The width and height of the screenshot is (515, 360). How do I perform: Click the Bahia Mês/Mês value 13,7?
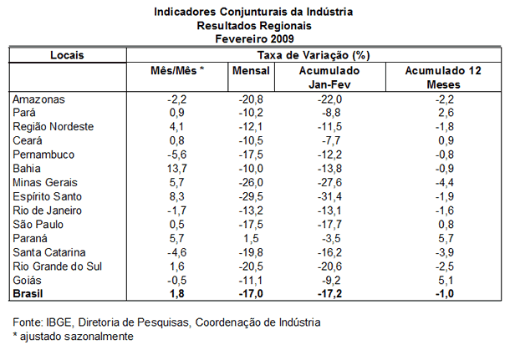(177, 169)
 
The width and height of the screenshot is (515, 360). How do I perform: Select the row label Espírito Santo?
(48, 196)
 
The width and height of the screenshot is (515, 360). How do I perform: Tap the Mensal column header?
(251, 71)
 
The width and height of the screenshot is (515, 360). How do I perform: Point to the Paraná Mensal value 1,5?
(252, 239)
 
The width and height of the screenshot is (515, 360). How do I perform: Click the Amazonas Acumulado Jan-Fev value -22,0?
(329, 99)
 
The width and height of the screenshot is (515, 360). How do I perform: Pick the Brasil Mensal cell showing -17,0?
(251, 293)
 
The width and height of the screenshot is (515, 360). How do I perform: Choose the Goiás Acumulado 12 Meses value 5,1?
(446, 281)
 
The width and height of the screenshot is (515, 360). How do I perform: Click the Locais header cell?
(68, 55)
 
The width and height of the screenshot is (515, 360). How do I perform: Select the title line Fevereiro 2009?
(254, 38)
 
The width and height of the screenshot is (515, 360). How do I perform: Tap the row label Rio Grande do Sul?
(58, 266)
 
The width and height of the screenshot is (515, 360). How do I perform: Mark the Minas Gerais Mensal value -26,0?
(251, 182)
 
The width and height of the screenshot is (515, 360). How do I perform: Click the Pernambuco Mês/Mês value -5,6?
(177, 155)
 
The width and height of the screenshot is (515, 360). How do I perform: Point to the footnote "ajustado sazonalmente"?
(77, 337)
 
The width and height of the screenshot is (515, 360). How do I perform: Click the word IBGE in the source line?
(59, 322)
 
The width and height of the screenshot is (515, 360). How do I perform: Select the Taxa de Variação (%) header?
(314, 55)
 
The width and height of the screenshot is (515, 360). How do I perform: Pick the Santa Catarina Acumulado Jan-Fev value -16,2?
(329, 252)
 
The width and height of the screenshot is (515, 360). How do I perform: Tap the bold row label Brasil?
(28, 293)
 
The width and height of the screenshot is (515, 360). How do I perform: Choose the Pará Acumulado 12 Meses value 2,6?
(446, 113)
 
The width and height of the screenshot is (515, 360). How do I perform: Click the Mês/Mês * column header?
(177, 70)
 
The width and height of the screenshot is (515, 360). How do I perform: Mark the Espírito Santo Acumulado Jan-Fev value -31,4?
(329, 196)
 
